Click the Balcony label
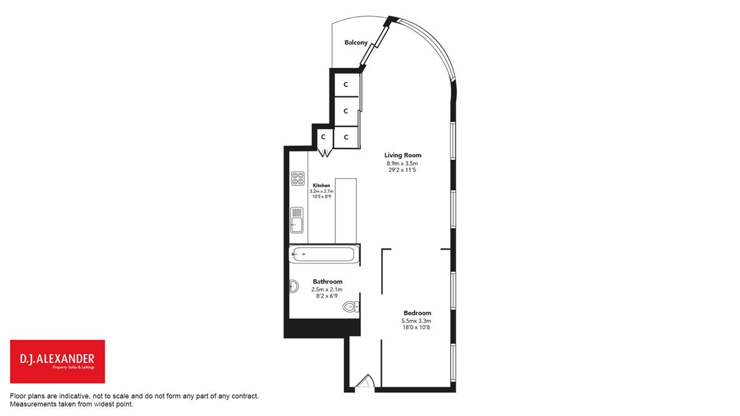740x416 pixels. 356,43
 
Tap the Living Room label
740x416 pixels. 403,155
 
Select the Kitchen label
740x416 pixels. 321,186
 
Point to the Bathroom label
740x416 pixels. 327,282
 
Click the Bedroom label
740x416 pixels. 417,313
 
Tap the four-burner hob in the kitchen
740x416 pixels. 298,179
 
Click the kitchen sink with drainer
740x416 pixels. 297,220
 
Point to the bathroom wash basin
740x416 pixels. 294,287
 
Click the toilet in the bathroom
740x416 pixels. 351,307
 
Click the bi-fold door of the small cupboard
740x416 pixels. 326,153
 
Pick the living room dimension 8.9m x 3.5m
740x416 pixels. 402,163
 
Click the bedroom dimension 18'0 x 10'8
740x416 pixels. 416,327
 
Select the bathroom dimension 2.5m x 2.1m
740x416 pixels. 327,290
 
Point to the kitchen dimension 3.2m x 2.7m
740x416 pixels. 321,192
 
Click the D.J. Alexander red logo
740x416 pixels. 57,362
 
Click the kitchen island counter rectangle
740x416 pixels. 345,211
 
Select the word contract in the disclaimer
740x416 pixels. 245,396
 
